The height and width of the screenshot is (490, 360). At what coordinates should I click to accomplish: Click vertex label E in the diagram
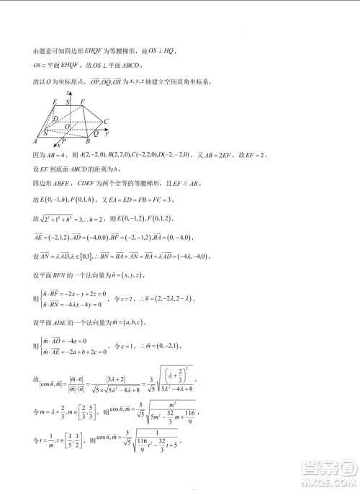pos(55,102)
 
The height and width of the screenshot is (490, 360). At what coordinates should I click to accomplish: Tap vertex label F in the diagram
pos(83,102)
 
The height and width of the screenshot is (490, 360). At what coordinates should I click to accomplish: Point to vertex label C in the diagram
pos(106,121)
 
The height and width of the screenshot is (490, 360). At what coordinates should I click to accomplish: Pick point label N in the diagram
pos(46,133)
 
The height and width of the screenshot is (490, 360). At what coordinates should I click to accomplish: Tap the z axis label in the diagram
pos(66,94)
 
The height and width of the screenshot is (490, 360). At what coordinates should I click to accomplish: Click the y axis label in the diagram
pos(106,133)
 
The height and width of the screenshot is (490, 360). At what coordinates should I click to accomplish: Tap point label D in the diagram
pos(55,118)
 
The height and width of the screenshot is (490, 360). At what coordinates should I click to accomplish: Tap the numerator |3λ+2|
pos(118,378)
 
